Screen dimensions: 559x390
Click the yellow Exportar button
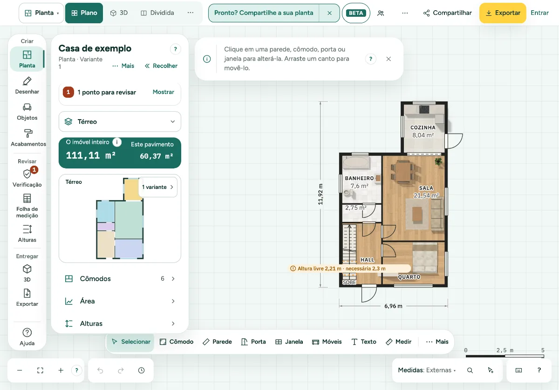coord(503,13)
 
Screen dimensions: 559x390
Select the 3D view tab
coord(119,13)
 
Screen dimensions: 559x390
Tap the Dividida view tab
coord(157,13)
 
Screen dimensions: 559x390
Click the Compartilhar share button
coord(447,13)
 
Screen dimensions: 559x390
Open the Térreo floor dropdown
coord(120,121)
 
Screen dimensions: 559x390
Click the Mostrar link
coord(163,92)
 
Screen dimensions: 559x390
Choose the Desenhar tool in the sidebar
coord(27,86)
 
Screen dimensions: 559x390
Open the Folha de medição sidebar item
coord(27,206)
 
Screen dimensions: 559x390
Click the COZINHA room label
coord(423,128)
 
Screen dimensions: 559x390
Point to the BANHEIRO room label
coord(359,178)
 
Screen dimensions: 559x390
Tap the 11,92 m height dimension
coord(320,195)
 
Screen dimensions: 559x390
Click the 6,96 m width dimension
coord(393,306)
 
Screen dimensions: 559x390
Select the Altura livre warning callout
coord(350,269)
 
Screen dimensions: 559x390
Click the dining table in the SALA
coord(403,171)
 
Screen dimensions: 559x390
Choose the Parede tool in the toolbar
coord(218,342)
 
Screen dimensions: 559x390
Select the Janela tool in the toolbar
coord(289,342)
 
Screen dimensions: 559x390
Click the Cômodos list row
coord(120,278)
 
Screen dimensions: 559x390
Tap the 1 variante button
coord(158,187)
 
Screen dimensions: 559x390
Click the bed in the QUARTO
coord(425,258)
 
